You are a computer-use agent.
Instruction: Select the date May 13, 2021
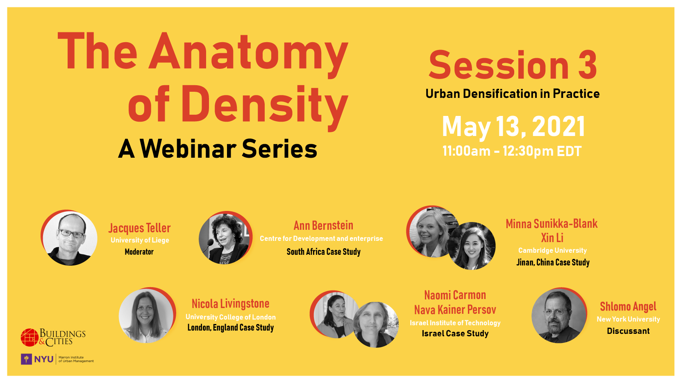513,127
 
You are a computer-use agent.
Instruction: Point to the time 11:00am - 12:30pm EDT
512,151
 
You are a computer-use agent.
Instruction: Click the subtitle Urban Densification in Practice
513,94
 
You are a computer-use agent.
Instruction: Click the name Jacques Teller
139,228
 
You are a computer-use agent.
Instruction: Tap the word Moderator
139,252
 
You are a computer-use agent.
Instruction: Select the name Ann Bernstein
323,226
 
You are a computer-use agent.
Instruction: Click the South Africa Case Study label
323,252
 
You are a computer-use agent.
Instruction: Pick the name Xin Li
552,238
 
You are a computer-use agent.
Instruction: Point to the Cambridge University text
552,250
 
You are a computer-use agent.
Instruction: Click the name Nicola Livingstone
230,304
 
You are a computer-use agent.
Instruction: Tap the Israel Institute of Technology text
455,323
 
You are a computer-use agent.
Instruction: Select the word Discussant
628,331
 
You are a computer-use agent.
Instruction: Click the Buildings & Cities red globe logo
30,338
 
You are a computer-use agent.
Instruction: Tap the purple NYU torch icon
27,359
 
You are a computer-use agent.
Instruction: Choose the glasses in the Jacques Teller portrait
71,233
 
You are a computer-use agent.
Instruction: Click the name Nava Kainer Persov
455,310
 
